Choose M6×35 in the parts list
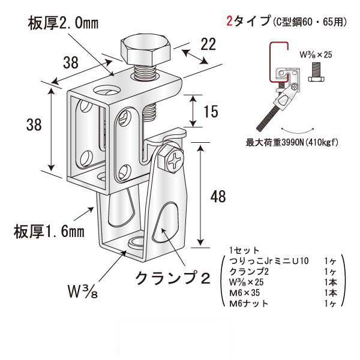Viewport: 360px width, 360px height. click(246, 293)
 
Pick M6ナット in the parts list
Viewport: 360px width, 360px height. click(250, 304)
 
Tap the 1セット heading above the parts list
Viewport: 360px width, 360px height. click(244, 250)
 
